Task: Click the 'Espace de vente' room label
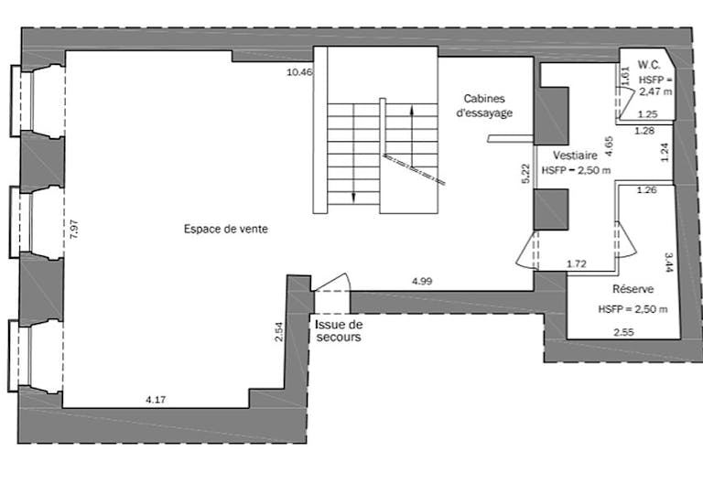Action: pyautogui.click(x=225, y=229)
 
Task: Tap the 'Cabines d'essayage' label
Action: pyautogui.click(x=484, y=105)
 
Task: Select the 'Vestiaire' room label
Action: pyautogui.click(x=576, y=156)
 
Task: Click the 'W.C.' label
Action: pyautogui.click(x=649, y=65)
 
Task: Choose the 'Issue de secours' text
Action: pyautogui.click(x=339, y=330)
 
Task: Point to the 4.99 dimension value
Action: pyautogui.click(x=422, y=281)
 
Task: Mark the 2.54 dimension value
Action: pyautogui.click(x=279, y=332)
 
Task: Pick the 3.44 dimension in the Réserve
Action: pyautogui.click(x=669, y=263)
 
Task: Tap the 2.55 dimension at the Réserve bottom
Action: pyautogui.click(x=625, y=331)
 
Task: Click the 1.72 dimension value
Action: pyautogui.click(x=576, y=264)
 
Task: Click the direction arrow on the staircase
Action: pyautogui.click(x=412, y=128)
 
